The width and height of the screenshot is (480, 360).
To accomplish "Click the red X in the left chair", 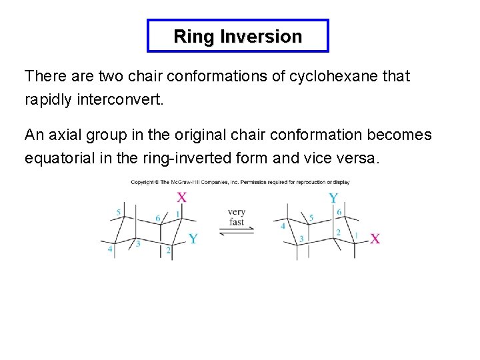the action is point(181,197).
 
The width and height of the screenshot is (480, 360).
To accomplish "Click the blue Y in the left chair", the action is point(192,239).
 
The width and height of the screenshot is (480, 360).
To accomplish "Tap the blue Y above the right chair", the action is point(333,198).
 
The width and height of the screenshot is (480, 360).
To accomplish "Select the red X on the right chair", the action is point(375,238).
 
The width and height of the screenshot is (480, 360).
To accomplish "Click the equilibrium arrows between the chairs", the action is point(237,231).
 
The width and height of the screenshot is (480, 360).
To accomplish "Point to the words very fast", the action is point(237,217).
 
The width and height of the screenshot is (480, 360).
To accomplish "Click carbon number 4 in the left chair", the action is point(111,249).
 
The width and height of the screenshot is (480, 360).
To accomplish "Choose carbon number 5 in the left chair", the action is point(119,212).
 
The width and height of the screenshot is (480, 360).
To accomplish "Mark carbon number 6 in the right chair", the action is point(339,212).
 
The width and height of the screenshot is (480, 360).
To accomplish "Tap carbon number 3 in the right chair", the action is point(301,239).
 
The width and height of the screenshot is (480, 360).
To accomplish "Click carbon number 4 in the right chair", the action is point(283,226).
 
